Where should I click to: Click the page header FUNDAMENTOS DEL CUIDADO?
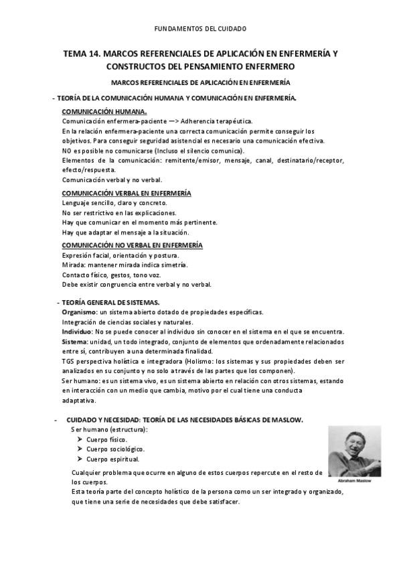(200, 29)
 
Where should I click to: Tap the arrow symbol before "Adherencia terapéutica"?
(151, 121)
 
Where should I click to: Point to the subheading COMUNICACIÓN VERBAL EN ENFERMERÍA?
(127, 193)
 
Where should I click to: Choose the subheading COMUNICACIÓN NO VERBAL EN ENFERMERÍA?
(132, 245)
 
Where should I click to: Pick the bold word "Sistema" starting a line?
(74, 342)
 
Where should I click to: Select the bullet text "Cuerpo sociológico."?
(116, 449)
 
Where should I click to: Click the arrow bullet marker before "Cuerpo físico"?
(80, 439)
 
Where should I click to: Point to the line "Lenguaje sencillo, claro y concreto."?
(114, 203)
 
